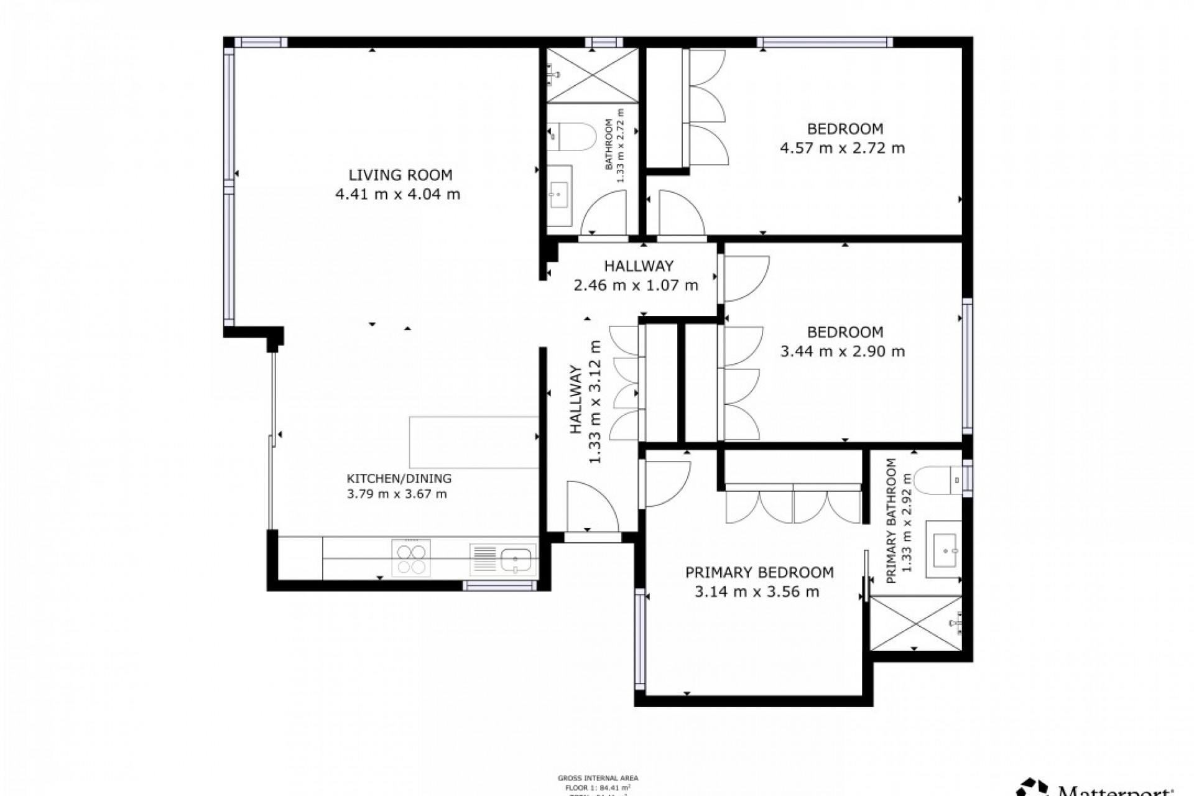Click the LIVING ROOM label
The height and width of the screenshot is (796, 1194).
[400, 175]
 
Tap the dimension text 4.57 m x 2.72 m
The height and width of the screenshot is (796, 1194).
[842, 148]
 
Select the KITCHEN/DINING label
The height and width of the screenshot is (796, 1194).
[399, 478]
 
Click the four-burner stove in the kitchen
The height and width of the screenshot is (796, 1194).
[410, 558]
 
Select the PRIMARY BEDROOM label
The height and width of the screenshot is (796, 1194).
[759, 572]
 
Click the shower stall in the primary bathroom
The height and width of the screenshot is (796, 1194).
[915, 623]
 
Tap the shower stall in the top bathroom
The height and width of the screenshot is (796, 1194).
[591, 75]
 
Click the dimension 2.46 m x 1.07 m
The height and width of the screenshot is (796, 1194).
[635, 285]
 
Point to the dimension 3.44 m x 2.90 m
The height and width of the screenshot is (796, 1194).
[842, 351]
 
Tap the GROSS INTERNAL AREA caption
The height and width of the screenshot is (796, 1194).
[598, 778]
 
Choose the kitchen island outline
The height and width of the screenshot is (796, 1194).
[473, 442]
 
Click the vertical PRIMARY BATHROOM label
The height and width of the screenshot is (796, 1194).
[891, 521]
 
